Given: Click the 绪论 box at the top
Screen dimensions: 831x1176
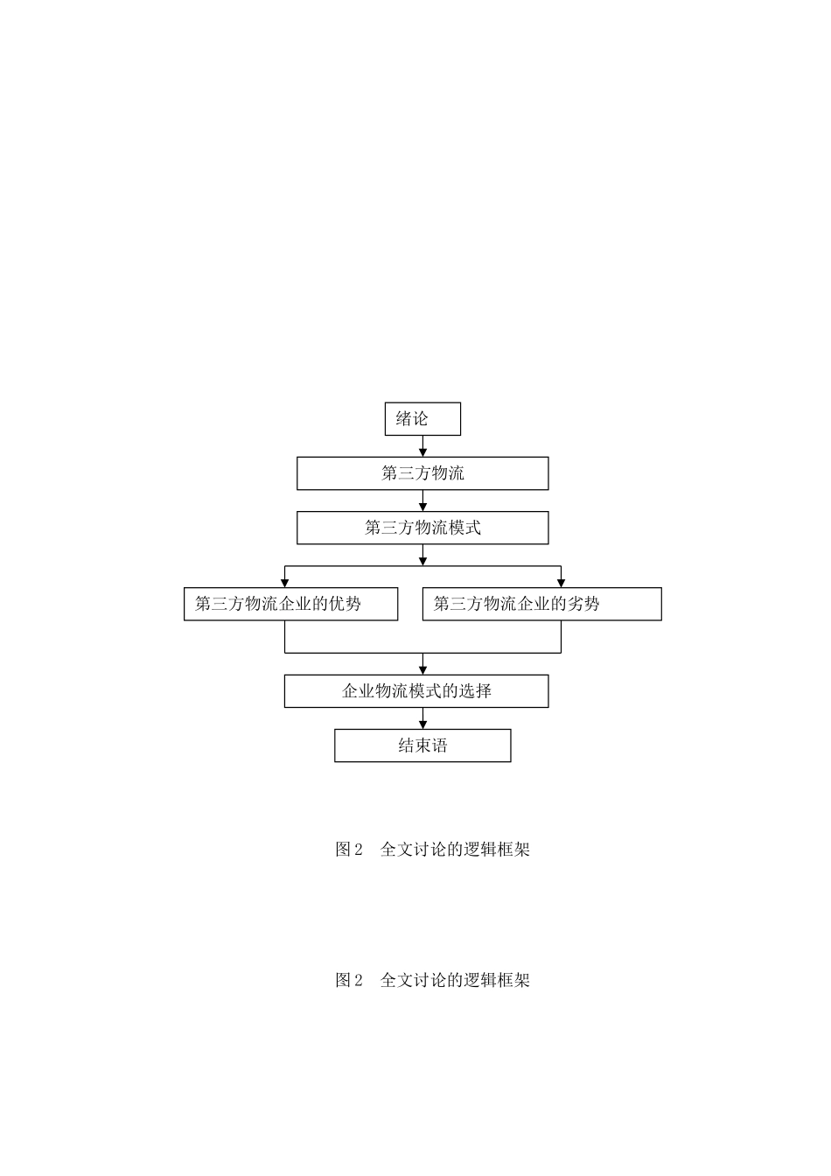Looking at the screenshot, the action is click(422, 419).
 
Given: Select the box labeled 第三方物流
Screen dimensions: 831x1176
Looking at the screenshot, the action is click(422, 473).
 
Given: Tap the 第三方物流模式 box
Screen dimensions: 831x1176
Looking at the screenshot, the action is click(422, 528).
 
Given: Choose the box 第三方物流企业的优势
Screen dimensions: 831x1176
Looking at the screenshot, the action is click(290, 604).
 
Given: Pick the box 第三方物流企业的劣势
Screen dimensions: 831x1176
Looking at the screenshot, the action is click(541, 604).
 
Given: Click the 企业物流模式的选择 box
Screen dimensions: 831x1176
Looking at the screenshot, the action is click(416, 690).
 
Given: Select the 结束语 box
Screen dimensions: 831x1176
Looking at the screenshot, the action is click(422, 745).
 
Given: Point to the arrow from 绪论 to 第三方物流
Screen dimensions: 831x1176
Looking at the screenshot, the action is click(423, 447).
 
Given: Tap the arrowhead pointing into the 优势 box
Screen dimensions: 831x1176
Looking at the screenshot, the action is click(285, 583).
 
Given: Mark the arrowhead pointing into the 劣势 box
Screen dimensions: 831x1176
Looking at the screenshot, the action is click(561, 583).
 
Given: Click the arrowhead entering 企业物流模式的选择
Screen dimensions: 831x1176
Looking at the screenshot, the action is click(423, 669).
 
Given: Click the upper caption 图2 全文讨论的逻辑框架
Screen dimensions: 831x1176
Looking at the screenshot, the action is click(432, 849).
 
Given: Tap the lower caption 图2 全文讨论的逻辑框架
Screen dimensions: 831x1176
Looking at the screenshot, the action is click(432, 980).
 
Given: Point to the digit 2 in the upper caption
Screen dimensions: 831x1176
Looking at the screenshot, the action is click(358, 850).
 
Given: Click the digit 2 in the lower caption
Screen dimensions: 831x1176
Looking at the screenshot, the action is click(358, 981).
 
